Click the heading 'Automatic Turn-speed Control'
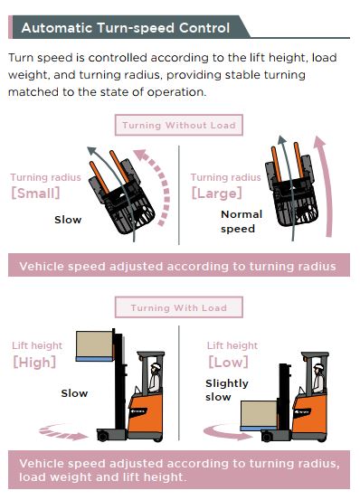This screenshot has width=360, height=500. coord(126,28)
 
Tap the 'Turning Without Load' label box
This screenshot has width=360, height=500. coord(179,125)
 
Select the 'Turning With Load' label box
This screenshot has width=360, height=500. coord(179,307)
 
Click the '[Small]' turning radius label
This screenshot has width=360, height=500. coord(35,193)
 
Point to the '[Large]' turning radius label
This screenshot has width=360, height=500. coord(216,193)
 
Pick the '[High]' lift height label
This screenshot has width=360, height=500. coord(34,363)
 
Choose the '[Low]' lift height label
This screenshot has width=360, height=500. coord(228,363)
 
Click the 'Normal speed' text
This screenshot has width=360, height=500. coord(242,222)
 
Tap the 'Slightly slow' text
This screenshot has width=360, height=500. coord(227,390)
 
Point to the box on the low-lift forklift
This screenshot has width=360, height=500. coord(259,413)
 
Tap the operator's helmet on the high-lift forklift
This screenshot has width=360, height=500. coord(156,366)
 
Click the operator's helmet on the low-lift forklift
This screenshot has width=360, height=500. coord(318,366)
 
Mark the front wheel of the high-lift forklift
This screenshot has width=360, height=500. coord(102,436)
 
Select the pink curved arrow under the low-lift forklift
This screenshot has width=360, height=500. coord(226,433)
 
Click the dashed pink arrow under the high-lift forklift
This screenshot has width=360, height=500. coord(63,433)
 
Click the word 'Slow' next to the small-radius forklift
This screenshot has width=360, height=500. coord(68,220)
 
